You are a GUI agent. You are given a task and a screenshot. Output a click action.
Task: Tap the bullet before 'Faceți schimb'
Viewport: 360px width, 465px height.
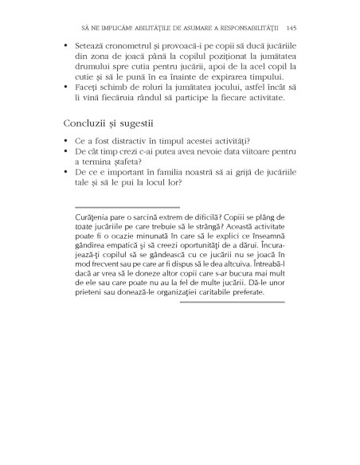[64, 88]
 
